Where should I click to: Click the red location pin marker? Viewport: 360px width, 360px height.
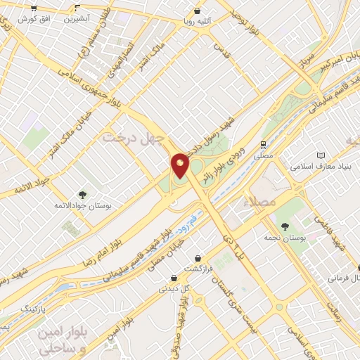(x=180, y=166)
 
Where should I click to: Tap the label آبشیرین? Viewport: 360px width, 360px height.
(x=79, y=19)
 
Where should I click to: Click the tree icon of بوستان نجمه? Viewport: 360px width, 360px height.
(x=285, y=226)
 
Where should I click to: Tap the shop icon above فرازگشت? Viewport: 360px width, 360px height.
(x=200, y=258)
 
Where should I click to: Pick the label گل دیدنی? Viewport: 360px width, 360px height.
(x=175, y=288)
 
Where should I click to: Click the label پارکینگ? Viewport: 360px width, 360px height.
(x=32, y=309)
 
